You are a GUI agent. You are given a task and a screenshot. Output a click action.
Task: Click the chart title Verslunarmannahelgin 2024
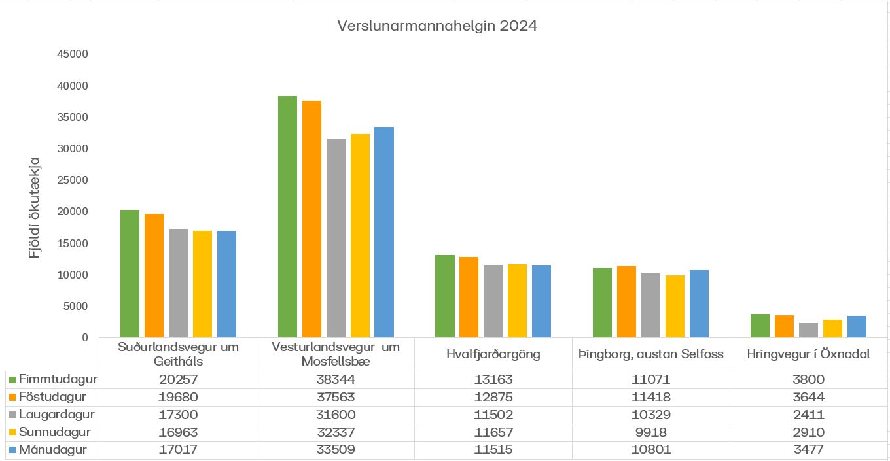click(x=436, y=26)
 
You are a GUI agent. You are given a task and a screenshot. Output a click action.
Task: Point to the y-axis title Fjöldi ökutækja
click(x=35, y=207)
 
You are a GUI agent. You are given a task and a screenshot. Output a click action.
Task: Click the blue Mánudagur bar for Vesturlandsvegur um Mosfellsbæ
click(x=384, y=232)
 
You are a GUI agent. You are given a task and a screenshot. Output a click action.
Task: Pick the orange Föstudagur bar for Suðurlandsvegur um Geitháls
click(x=154, y=275)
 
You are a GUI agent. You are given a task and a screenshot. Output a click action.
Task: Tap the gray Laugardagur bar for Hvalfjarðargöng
click(x=493, y=301)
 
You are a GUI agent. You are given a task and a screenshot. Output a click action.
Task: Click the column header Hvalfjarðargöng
click(x=493, y=354)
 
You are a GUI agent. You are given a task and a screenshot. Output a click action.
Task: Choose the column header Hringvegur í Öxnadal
click(x=808, y=354)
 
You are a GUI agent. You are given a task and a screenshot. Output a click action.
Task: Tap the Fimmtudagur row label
click(x=58, y=379)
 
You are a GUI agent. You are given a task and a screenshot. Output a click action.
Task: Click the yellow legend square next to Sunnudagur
click(x=12, y=433)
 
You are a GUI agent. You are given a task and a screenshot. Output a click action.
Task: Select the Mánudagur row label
click(x=53, y=450)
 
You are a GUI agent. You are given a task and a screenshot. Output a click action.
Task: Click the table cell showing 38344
click(x=336, y=379)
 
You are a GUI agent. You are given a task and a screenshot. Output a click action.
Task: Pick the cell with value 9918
click(x=650, y=432)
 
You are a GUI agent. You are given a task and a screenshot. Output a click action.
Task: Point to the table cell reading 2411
click(x=808, y=415)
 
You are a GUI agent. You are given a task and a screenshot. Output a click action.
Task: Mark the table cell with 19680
click(x=178, y=397)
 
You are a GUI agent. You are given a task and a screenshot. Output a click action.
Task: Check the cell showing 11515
click(x=493, y=450)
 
